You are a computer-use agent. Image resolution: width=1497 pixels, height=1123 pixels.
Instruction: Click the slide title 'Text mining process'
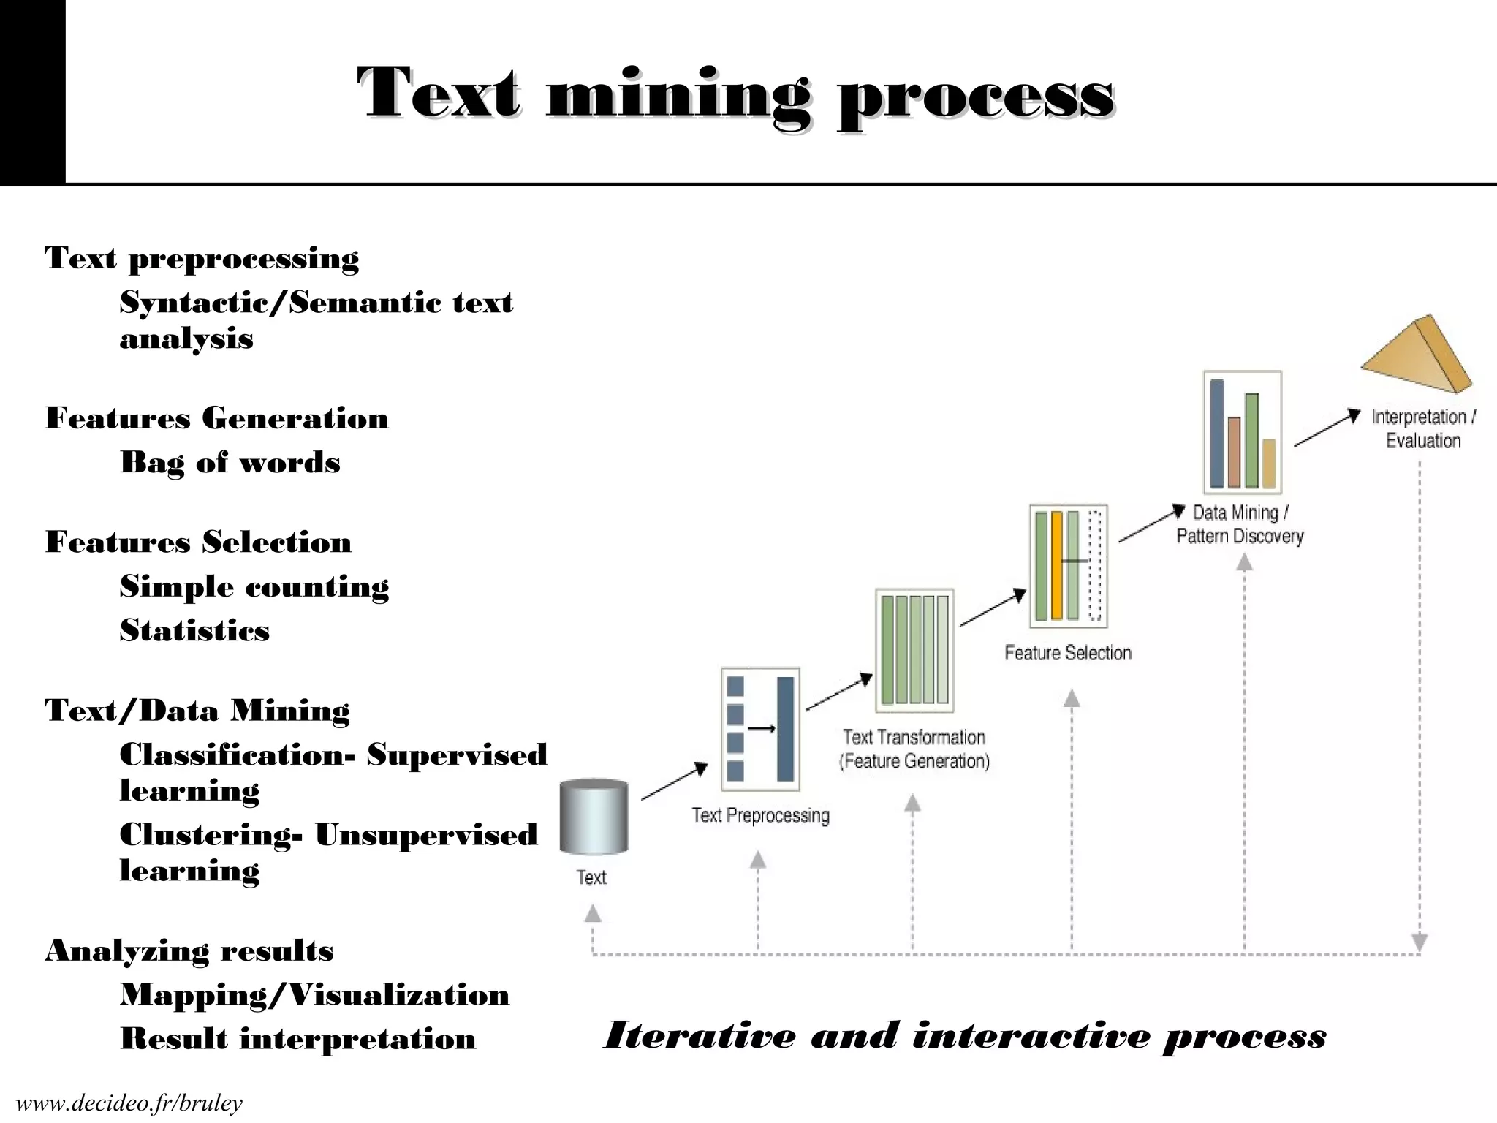click(735, 94)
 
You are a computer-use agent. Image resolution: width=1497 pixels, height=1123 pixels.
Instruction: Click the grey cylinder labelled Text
click(594, 817)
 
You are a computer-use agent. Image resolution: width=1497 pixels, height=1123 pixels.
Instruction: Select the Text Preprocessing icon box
click(760, 729)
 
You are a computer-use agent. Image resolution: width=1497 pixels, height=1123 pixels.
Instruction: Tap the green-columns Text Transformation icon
click(914, 650)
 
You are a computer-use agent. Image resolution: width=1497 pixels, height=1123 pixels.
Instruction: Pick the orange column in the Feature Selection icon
click(1056, 566)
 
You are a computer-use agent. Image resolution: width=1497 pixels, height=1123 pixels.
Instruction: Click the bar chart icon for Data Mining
click(1242, 433)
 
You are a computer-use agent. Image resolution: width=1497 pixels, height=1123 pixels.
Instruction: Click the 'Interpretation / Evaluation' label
click(1423, 428)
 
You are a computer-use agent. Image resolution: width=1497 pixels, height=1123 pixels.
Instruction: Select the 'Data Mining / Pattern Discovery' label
click(1240, 524)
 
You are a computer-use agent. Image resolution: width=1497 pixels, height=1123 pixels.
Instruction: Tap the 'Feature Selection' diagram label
click(1068, 653)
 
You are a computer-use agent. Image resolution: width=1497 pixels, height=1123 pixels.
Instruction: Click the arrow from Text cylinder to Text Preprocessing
click(674, 782)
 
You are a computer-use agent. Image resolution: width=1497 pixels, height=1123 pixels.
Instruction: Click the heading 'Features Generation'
click(217, 418)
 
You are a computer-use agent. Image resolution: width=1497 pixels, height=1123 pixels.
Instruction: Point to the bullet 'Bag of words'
click(230, 463)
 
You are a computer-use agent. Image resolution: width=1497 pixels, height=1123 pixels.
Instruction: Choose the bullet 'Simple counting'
click(254, 587)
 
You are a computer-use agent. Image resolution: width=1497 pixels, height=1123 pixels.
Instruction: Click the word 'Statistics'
click(194, 631)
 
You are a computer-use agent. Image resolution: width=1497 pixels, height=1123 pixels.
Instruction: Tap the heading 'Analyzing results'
click(189, 950)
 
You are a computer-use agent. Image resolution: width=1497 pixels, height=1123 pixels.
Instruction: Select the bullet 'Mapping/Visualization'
click(314, 995)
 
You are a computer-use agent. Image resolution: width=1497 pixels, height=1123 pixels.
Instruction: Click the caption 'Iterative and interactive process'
click(964, 1036)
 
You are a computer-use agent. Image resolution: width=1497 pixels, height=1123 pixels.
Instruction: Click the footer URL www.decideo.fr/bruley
click(129, 1103)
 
